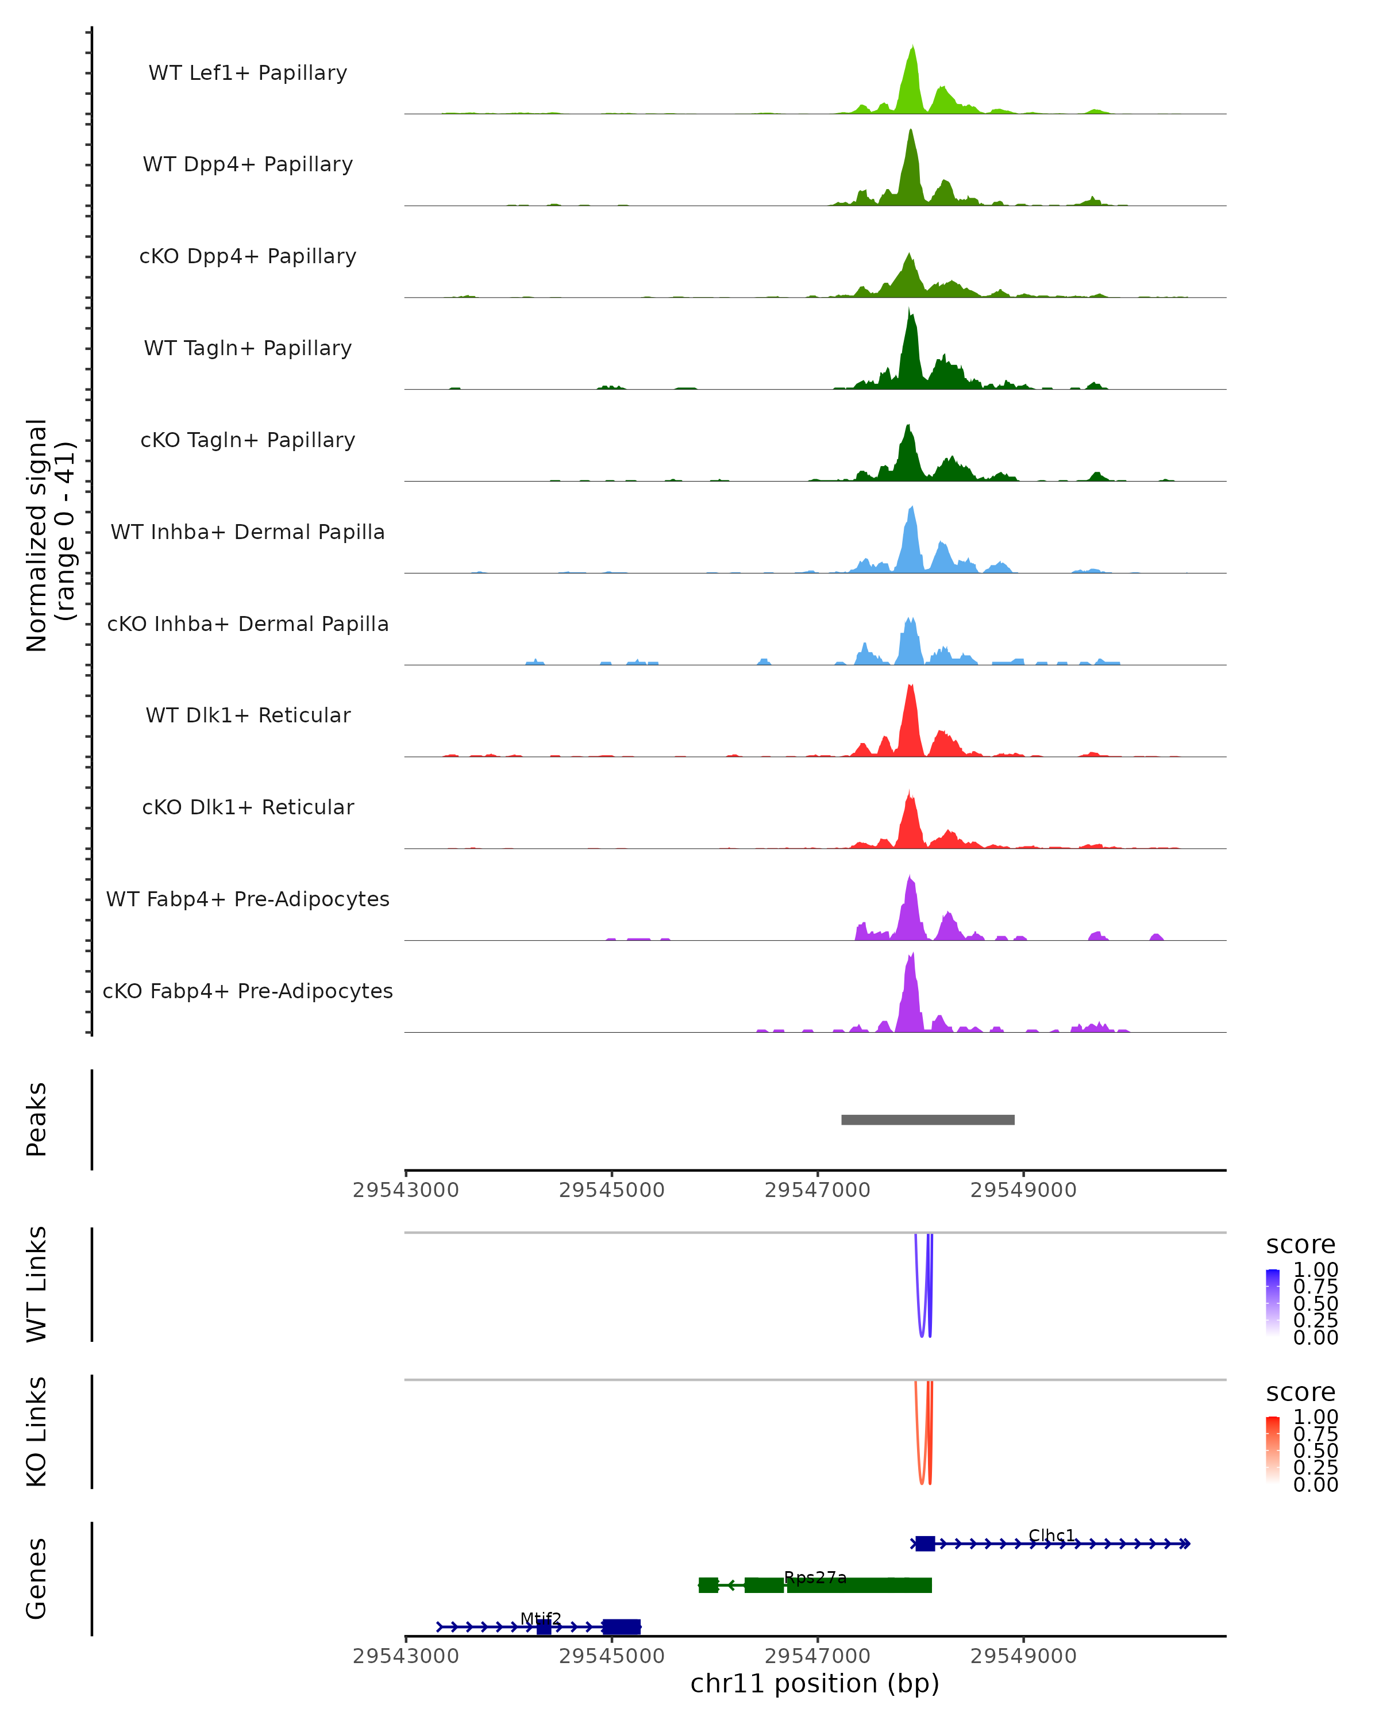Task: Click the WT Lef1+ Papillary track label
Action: (248, 73)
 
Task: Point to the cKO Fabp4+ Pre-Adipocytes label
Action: (248, 991)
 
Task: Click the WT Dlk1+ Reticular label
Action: (248, 715)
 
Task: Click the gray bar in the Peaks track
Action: (927, 1119)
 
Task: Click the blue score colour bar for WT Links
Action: (1273, 1303)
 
